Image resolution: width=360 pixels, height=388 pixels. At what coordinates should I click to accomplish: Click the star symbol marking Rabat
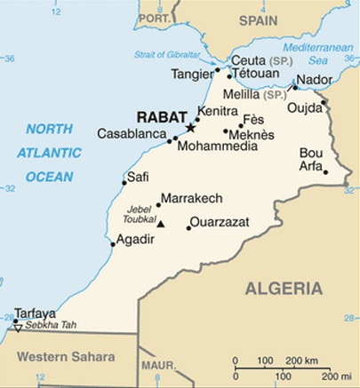[188, 129]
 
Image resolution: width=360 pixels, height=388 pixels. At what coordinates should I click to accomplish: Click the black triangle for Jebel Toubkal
[161, 223]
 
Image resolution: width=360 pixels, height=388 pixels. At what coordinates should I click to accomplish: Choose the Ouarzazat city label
[220, 221]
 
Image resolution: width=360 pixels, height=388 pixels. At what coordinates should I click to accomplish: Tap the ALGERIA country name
[283, 288]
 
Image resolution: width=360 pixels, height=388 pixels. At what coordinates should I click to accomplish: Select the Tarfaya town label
[36, 313]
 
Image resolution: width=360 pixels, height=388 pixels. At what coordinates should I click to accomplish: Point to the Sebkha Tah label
[51, 326]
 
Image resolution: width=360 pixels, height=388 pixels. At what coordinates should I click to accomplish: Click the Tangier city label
[192, 74]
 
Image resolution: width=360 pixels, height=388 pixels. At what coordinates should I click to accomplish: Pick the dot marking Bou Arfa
[326, 172]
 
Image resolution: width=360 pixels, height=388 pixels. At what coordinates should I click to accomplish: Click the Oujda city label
[304, 108]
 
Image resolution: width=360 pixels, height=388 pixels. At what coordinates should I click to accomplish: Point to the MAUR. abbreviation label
[160, 365]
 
